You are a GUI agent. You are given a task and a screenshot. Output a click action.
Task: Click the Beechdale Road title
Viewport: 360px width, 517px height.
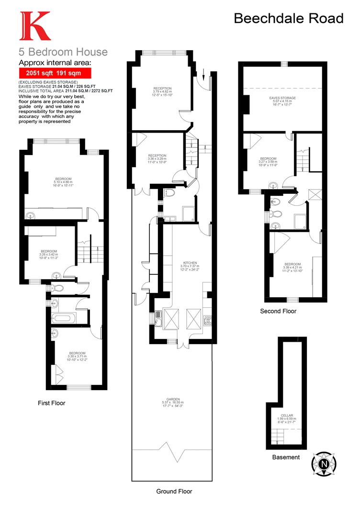click(289, 18)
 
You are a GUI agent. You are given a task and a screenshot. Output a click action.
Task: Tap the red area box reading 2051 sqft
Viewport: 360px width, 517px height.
click(55, 73)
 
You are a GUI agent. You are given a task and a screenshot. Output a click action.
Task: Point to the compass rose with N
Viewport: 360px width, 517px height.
click(324, 464)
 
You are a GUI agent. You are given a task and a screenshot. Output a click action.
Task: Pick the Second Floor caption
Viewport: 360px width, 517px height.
click(278, 311)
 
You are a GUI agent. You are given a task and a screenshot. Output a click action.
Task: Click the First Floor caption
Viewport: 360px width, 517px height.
click(52, 403)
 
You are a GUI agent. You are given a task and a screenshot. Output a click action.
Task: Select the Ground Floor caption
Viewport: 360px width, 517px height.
click(174, 491)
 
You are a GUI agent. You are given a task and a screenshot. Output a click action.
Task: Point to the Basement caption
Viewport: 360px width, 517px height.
click(286, 457)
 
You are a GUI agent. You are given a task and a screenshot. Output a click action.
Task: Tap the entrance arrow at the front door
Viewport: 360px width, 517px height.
click(204, 75)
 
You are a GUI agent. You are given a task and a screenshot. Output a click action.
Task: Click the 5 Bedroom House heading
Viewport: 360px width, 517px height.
click(63, 52)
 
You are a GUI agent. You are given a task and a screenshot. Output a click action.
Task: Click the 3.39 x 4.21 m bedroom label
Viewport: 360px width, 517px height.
click(292, 267)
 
